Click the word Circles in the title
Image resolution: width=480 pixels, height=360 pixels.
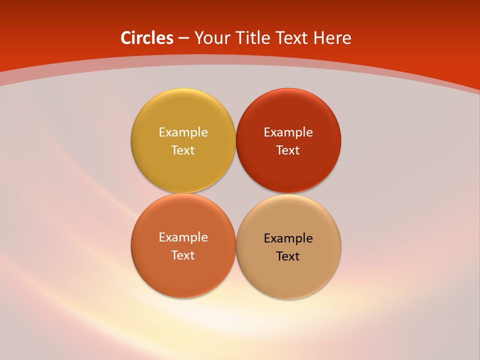[147, 38]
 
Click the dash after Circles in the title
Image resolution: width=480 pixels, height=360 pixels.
[183, 38]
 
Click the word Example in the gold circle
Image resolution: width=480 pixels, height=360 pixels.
[183, 132]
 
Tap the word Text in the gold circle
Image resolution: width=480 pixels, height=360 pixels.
[183, 150]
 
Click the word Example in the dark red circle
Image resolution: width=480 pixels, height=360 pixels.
[288, 132]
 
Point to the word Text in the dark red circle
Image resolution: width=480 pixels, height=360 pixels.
[288, 150]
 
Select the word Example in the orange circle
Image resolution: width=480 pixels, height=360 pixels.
[183, 237]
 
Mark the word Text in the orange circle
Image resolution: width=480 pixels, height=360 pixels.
[183, 255]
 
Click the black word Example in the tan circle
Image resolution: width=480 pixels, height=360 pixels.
[288, 238]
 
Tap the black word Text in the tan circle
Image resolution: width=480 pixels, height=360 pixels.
[288, 256]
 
